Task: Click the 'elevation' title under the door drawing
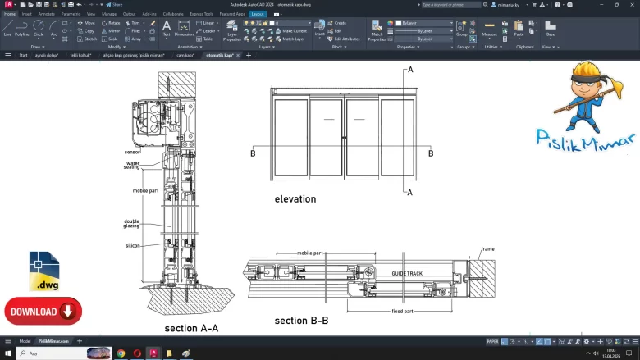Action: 295,199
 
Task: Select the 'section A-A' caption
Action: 191,328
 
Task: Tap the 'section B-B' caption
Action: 301,321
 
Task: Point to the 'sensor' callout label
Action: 132,152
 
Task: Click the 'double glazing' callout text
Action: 131,223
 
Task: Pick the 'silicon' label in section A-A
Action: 132,245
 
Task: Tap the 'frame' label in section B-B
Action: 487,249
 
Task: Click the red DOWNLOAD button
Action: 43,312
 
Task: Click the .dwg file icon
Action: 44,271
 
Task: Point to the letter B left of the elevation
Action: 253,153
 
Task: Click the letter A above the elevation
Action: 410,70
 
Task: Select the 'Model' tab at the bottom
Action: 25,341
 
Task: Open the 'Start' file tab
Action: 23,55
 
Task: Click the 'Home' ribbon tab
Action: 9,14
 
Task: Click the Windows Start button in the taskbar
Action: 8,353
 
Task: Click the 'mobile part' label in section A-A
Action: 145,190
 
